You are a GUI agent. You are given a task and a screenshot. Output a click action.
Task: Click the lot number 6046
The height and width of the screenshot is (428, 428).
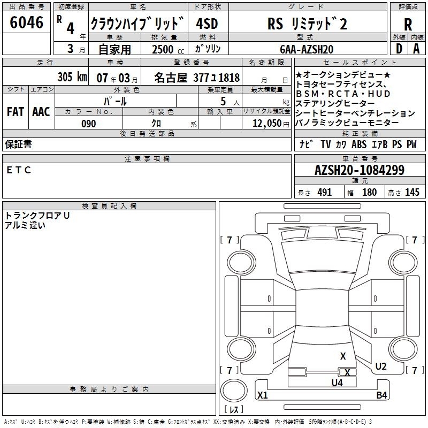(26, 22)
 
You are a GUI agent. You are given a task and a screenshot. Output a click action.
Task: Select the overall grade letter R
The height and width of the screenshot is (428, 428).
(408, 25)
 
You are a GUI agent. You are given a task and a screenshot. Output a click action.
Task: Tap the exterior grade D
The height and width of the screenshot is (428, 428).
(399, 49)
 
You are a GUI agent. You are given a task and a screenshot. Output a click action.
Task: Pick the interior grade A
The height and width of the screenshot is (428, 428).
(416, 49)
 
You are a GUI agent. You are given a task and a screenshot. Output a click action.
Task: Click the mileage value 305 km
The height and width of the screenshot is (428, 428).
(72, 77)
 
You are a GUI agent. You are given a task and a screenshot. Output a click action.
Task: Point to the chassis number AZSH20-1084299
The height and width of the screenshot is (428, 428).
(360, 170)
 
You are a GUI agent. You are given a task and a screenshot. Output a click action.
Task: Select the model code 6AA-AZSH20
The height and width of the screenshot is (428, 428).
(307, 49)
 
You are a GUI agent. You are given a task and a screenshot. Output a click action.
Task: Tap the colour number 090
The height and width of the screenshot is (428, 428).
(88, 124)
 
